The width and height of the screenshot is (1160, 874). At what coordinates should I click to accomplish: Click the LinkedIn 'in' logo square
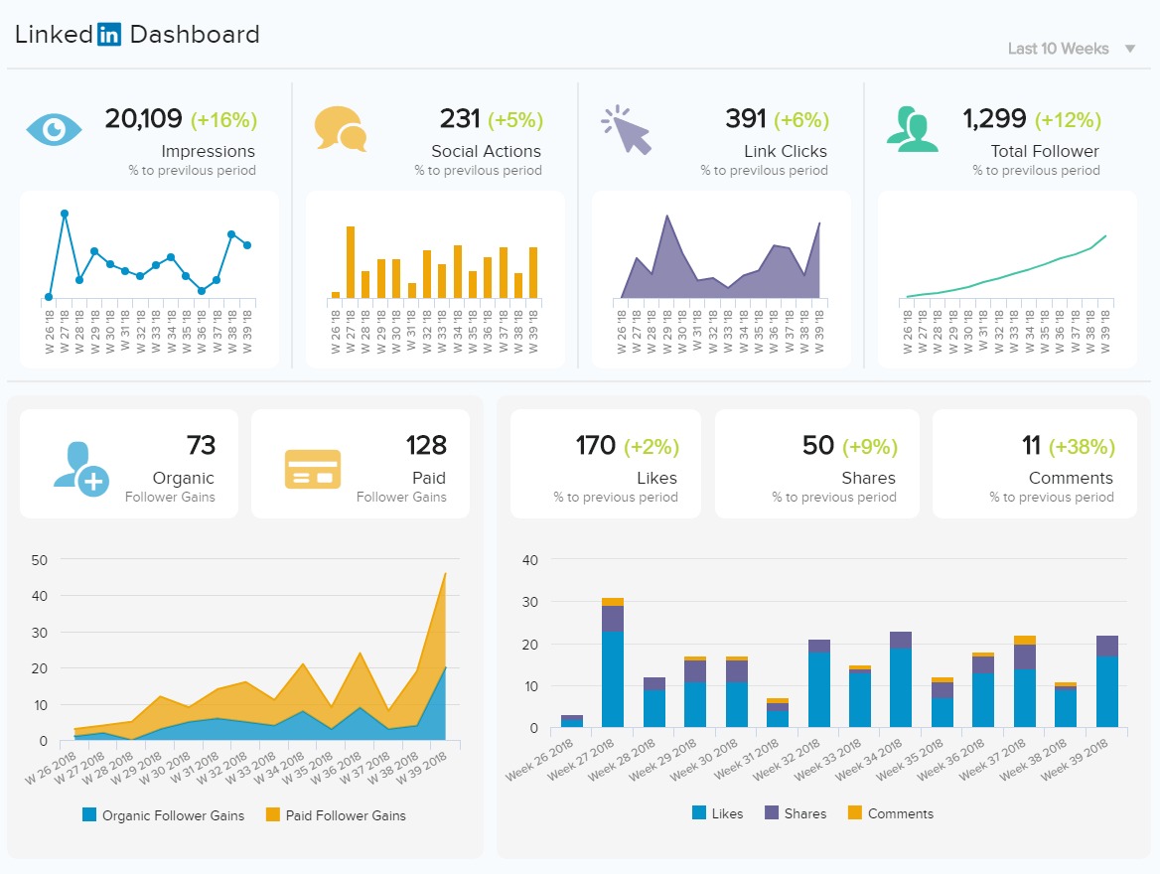coord(109,34)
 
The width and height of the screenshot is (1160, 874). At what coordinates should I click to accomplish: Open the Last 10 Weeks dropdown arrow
coord(1129,49)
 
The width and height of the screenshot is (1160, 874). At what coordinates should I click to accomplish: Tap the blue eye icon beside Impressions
coord(54,129)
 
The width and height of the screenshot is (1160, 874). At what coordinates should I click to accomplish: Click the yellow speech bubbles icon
coord(341,129)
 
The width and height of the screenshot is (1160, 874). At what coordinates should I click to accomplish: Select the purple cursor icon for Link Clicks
coord(627,130)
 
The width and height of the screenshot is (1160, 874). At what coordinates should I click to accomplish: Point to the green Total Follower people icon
coord(912,129)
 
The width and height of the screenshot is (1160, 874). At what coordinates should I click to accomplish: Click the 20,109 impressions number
coord(144,118)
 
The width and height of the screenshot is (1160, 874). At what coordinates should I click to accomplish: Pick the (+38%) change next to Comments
coord(1082,446)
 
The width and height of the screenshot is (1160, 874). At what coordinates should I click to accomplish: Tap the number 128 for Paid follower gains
coord(426,445)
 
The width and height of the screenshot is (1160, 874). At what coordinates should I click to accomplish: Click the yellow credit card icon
coord(313,469)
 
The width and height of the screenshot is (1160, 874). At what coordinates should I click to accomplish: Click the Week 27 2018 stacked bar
coord(613,662)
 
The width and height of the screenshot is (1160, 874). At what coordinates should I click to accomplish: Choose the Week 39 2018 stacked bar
coord(1106,681)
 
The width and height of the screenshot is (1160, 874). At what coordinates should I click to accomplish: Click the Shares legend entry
coord(796,813)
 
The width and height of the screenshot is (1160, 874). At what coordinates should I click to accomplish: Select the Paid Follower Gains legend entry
coord(336,815)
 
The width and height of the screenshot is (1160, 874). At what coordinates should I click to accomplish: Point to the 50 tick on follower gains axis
coord(39,560)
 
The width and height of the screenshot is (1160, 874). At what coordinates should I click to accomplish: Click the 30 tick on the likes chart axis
coord(529,603)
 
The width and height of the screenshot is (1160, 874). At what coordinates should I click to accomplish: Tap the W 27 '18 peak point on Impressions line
coord(65,214)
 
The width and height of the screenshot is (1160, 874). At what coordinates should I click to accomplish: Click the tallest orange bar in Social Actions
coord(351,262)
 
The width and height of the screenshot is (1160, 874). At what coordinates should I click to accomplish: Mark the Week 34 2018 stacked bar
coord(901,679)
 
